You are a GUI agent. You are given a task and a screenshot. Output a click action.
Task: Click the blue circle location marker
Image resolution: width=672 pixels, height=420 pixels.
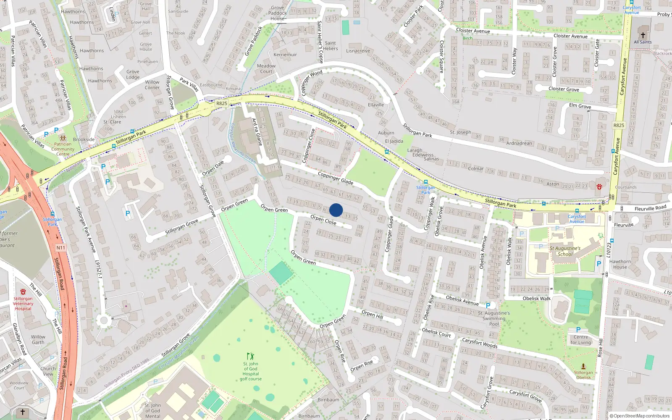336,210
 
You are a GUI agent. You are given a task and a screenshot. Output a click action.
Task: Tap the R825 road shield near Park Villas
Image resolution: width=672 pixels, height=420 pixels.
221,103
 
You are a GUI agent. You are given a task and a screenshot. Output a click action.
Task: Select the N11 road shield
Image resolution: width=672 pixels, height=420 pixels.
61,248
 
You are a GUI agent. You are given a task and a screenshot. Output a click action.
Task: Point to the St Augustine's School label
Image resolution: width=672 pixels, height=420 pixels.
565,251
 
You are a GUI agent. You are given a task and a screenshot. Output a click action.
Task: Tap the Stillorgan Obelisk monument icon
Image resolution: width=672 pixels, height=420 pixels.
583,367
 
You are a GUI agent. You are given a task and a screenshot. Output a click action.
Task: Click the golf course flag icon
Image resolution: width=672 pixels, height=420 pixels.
250,356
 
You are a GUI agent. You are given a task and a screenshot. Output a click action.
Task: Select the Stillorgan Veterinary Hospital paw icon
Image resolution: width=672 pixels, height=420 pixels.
23,291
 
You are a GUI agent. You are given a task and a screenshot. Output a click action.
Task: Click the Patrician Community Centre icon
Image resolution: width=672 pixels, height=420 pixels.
63,138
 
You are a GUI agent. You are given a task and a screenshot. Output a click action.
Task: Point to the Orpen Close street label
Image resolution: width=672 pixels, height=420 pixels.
323,220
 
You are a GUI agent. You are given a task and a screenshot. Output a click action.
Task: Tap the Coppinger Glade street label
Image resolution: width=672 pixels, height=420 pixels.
335,178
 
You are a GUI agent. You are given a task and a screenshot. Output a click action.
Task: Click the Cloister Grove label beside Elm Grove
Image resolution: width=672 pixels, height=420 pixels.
564,89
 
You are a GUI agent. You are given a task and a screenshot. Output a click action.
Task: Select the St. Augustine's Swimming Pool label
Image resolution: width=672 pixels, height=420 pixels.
494,318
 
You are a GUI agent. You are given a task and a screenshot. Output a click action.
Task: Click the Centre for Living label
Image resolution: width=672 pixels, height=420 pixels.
581,340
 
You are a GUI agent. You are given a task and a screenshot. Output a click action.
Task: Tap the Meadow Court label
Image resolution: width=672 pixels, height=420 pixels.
266,68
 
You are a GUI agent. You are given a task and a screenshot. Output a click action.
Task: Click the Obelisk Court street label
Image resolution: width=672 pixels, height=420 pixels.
436,333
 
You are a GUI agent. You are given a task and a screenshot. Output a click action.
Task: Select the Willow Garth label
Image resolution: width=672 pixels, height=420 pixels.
38,339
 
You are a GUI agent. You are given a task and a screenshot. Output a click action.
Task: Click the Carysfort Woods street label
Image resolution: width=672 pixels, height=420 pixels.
480,343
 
